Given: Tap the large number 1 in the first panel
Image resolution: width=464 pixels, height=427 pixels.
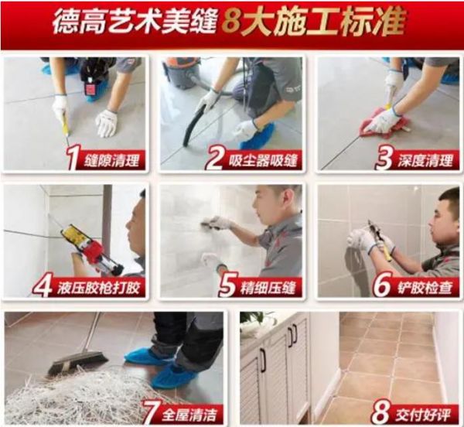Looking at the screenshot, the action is (72, 159).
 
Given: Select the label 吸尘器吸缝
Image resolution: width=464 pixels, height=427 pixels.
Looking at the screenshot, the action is (263, 161).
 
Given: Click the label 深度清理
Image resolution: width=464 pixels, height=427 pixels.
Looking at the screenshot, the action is (425, 161).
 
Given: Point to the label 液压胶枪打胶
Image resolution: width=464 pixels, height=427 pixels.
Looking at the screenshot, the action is (98, 288).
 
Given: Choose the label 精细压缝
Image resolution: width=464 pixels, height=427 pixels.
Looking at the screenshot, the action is (268, 288).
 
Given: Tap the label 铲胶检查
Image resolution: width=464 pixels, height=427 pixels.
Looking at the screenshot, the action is (425, 288).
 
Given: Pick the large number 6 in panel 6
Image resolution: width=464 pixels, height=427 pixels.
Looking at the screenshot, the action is (382, 286).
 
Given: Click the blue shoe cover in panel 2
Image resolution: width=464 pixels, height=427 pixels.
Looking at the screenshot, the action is (256, 137).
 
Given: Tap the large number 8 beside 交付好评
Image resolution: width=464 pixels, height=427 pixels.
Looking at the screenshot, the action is (380, 412).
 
